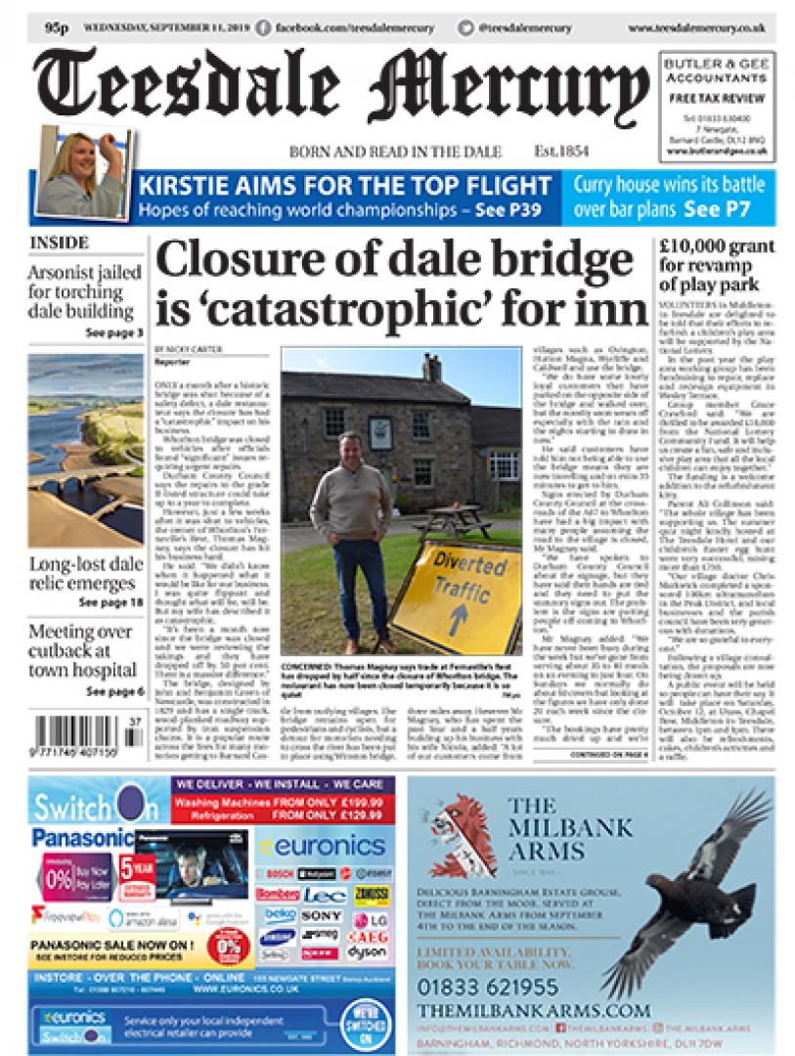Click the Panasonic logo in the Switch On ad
pyautogui.click(x=81, y=839)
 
